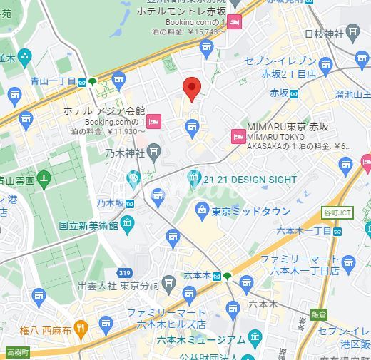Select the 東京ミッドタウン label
(x=250, y=212)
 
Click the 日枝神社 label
(x=325, y=34)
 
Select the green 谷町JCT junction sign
(x=337, y=213)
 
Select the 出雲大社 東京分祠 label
(x=118, y=285)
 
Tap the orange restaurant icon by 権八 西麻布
(x=81, y=328)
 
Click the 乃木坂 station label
(x=111, y=203)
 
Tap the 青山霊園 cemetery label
(x=18, y=180)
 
